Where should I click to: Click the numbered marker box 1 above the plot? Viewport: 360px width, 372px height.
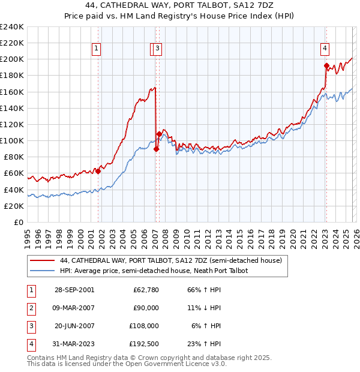click(96, 49)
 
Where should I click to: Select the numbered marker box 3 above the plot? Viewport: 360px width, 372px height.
click(157, 49)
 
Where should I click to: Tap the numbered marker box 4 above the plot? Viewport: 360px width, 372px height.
click(324, 49)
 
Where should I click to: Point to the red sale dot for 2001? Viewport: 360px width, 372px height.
click(98, 171)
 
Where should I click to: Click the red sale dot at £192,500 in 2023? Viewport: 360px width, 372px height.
click(326, 65)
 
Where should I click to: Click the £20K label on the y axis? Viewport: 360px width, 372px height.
click(14, 206)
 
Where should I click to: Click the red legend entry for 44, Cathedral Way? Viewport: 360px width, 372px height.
click(171, 260)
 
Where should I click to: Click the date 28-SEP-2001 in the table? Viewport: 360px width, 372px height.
click(74, 290)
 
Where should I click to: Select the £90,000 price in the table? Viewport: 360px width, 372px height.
click(146, 308)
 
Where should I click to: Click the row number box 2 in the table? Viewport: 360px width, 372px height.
click(31, 308)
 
